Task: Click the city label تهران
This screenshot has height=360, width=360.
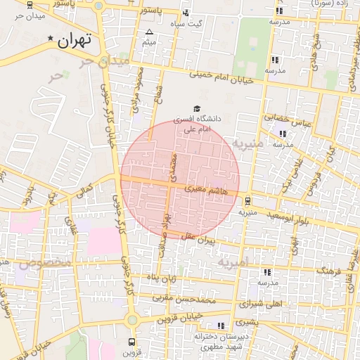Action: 75,40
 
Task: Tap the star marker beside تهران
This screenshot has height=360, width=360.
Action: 50,38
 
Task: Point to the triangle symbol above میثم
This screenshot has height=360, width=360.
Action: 148,32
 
